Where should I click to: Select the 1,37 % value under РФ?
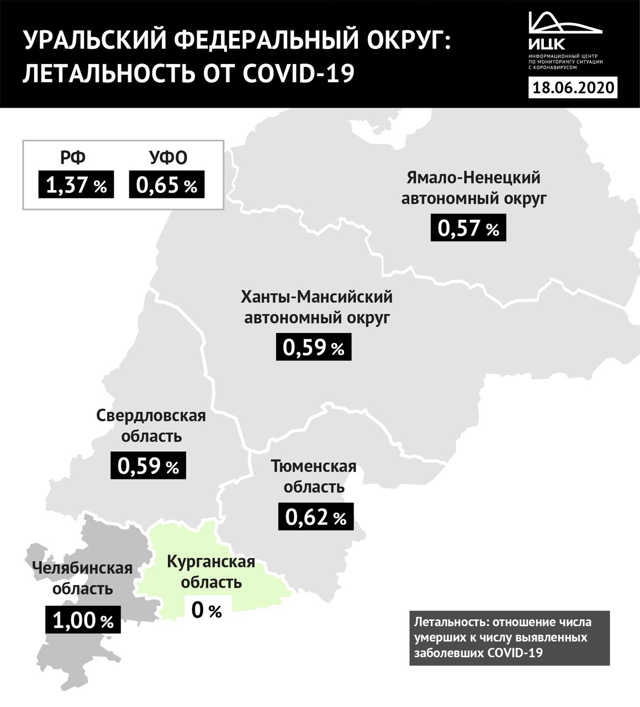coord(76,185)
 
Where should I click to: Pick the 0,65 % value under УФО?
coord(167,185)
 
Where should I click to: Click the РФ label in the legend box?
coord(73,158)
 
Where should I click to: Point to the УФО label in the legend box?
coord(168,158)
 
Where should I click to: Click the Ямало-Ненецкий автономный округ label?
coord(474,188)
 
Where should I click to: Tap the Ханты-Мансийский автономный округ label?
coord(316,307)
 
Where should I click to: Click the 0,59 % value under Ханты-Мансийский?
coord(314,348)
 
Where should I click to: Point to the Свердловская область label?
coord(151,425)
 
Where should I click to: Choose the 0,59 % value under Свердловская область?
coord(149,466)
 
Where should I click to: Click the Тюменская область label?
coord(314,477)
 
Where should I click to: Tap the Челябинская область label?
coord(82,578)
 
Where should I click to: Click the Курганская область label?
coord(211,572)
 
